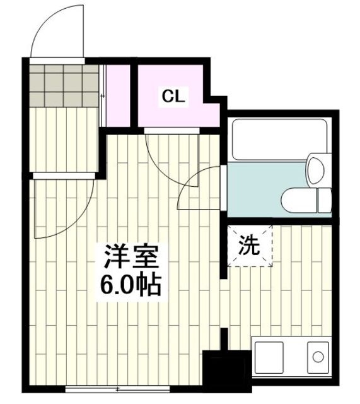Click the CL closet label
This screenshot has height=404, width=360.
(173, 97)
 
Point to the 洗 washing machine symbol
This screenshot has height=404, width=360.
(248, 246)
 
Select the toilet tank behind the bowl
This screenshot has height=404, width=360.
(324, 199)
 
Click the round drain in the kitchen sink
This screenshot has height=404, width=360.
(316, 358)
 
